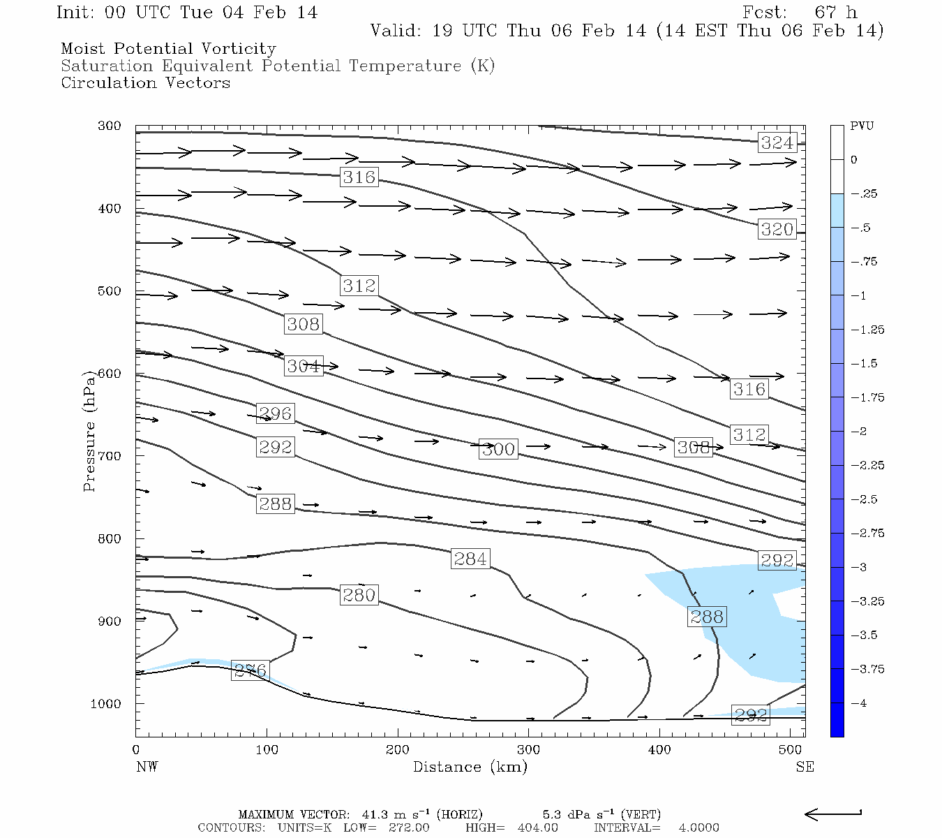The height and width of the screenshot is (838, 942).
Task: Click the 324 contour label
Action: point(777,142)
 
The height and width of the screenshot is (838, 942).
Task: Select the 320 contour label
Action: point(777,229)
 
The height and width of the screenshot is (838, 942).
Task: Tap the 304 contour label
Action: point(303,366)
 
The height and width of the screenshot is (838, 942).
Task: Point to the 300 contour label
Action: point(498,449)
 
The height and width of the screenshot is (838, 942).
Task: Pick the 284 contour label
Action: point(470,559)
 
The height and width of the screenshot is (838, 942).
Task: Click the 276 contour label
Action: point(250,671)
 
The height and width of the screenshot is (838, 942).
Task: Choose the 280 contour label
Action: point(359,595)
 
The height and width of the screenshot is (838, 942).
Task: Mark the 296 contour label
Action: point(275,413)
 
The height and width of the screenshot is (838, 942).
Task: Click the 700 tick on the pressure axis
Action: point(110,456)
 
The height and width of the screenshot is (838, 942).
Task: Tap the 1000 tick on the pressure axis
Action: point(106,704)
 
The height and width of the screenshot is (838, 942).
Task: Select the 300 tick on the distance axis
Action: point(528,750)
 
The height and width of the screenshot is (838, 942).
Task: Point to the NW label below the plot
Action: point(147,767)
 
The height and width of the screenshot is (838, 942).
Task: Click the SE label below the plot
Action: point(805,767)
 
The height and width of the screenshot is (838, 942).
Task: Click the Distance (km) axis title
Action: point(470,767)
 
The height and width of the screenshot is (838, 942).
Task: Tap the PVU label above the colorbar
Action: point(861,126)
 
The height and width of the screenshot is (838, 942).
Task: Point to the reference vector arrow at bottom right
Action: point(832,814)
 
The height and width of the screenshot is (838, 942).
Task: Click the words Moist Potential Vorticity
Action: point(168,49)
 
